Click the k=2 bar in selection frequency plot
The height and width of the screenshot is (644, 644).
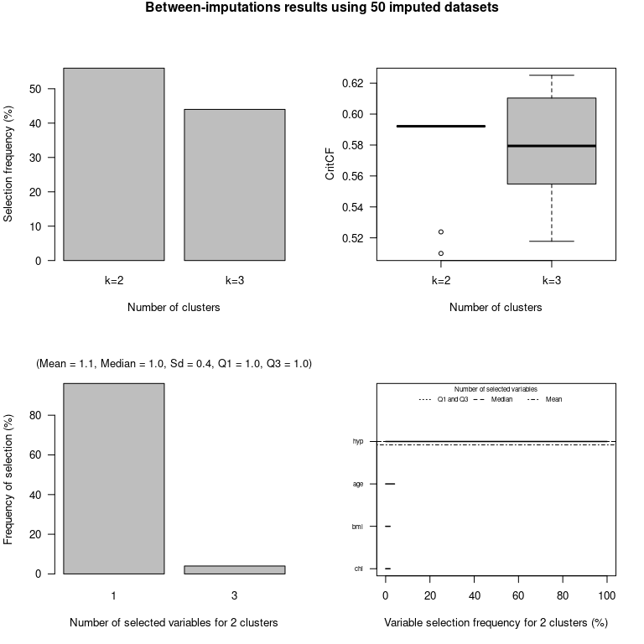click(113, 164)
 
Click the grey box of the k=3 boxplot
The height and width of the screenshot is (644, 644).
click(551, 141)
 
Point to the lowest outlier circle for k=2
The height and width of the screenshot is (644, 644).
click(440, 253)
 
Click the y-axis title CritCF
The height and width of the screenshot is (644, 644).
click(330, 164)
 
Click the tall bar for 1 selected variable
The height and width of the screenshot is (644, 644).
click(113, 478)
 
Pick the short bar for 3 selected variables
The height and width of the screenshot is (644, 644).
click(235, 569)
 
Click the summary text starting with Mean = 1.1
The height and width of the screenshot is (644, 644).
click(174, 364)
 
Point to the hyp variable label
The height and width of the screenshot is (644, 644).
click(358, 441)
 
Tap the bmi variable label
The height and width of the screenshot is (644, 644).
click(358, 527)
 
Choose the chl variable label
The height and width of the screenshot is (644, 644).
click(359, 569)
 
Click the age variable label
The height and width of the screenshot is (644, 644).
click(358, 484)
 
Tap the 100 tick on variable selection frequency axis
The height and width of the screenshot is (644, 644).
click(607, 595)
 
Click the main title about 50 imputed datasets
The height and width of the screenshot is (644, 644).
click(322, 8)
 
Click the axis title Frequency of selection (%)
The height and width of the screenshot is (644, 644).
click(9, 479)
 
